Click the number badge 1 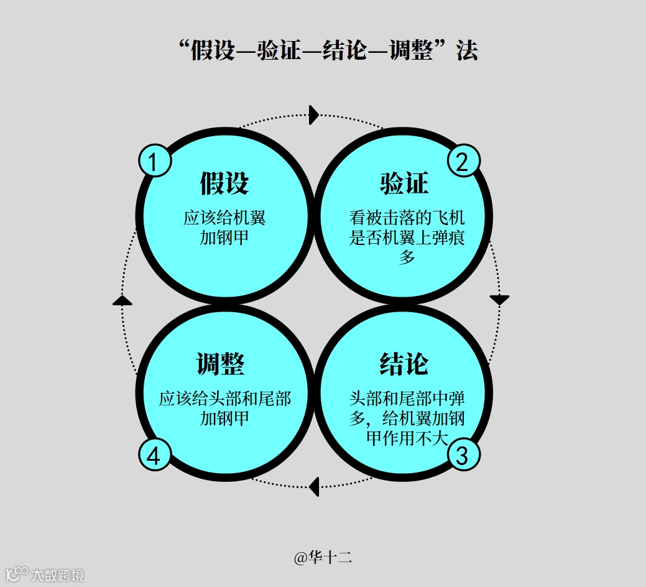click(x=155, y=161)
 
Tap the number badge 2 click(x=463, y=161)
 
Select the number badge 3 click(x=463, y=455)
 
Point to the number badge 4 click(x=155, y=455)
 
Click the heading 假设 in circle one click(x=224, y=183)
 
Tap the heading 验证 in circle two click(x=404, y=183)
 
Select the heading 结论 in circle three click(x=404, y=364)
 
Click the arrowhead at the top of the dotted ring click(x=314, y=114)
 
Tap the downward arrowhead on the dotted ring click(x=499, y=300)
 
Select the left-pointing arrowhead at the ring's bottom click(x=315, y=486)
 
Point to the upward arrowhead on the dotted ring click(x=122, y=300)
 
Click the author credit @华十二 click(x=323, y=557)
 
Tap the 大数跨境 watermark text click(x=58, y=575)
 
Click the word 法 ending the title click(x=467, y=51)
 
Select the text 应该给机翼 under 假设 click(x=224, y=219)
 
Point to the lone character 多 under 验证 click(x=407, y=257)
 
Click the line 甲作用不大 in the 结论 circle click(x=407, y=438)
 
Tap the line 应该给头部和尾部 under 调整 click(x=224, y=399)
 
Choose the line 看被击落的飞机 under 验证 click(x=407, y=219)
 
